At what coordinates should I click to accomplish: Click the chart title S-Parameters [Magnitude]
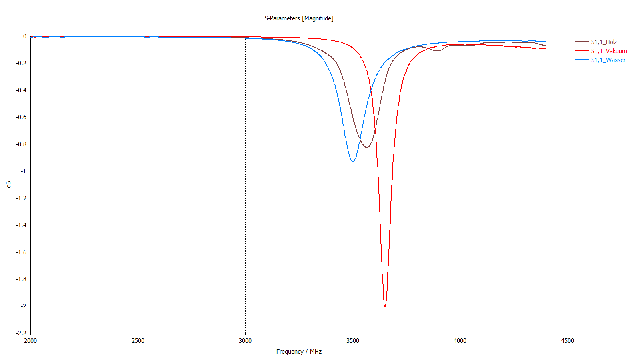click(299, 18)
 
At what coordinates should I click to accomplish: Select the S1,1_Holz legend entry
click(604, 42)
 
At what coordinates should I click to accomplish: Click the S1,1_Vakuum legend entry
click(609, 51)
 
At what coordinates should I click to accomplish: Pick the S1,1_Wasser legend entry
click(608, 60)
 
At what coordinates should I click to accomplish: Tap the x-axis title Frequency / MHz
click(299, 352)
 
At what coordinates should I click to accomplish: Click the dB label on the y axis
click(8, 184)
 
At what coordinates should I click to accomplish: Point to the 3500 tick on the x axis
click(353, 341)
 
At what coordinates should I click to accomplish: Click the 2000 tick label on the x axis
click(30, 341)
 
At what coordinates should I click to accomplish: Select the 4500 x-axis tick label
click(567, 341)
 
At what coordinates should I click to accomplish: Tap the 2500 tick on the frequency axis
click(138, 341)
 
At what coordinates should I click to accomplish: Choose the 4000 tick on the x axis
click(460, 341)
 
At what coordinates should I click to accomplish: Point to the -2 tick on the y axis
click(23, 306)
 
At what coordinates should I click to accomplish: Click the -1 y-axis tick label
click(23, 171)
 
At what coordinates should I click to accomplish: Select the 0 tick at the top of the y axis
click(25, 36)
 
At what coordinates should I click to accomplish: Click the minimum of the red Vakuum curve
click(385, 306)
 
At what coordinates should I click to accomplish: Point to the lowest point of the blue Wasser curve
click(352, 162)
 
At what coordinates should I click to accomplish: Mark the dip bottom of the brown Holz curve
click(366, 147)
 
